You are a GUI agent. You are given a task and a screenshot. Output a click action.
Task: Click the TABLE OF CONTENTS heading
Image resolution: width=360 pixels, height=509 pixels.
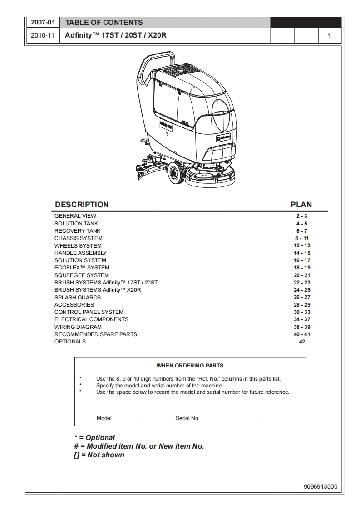coord(104,23)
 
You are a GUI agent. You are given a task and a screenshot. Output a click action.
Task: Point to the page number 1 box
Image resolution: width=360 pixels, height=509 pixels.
coord(329,35)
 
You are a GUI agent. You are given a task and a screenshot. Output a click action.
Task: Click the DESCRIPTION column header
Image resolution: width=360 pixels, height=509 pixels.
coord(82,205)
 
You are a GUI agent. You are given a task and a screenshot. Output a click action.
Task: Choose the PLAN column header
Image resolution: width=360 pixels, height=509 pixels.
coord(301,205)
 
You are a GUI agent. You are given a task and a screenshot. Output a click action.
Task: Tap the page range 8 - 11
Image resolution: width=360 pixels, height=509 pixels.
coord(302,238)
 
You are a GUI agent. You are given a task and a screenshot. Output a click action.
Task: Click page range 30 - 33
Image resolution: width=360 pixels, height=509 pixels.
coord(302,312)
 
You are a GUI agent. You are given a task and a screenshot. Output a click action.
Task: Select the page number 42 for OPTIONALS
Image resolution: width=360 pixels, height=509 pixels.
coord(302,342)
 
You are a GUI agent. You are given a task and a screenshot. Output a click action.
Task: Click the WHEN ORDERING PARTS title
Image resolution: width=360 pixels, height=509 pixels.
coord(190,366)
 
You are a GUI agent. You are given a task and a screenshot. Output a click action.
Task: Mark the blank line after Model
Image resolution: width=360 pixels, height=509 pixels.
coord(142,419)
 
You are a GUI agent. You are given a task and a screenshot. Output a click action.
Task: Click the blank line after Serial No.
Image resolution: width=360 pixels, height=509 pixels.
coord(230,419)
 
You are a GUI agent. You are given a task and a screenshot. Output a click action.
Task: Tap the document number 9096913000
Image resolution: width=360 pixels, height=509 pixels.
coord(321,487)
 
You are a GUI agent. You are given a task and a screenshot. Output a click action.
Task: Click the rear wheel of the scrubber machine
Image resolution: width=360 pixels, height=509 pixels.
coord(175,173)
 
